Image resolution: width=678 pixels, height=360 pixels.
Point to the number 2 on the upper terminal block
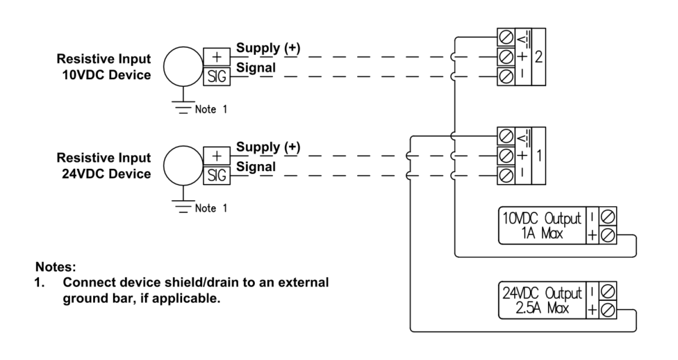[538, 56]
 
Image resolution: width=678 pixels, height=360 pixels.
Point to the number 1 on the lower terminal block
[538, 154]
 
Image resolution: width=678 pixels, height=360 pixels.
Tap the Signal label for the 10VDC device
[256, 67]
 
